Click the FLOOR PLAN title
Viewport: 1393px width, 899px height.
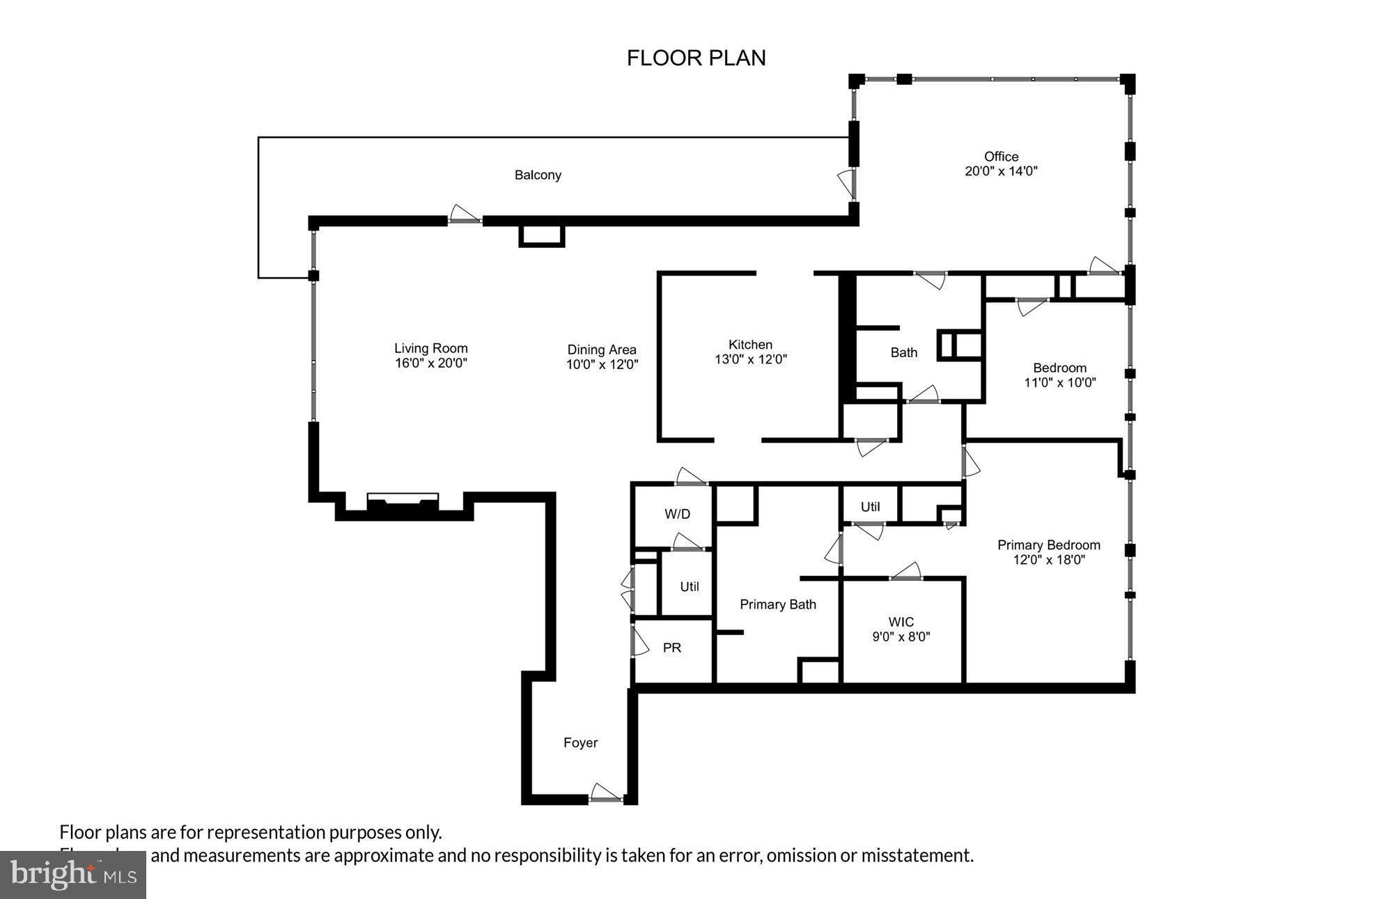[696, 58]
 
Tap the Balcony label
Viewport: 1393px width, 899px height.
[538, 175]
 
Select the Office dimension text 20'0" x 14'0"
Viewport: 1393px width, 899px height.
[1001, 171]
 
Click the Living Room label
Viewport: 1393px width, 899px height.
[430, 348]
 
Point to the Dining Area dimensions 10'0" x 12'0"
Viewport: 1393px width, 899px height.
[602, 364]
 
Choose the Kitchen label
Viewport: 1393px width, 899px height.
[750, 345]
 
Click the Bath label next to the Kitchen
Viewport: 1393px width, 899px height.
[903, 352]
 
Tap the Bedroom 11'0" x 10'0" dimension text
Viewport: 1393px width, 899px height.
[1059, 382]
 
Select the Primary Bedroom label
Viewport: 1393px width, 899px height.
[1048, 545]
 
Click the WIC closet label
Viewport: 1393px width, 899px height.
[901, 622]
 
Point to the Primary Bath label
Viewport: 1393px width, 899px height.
[777, 604]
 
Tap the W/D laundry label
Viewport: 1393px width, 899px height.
[677, 514]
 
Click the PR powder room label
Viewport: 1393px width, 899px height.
[671, 648]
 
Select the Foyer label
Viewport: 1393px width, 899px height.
[580, 742]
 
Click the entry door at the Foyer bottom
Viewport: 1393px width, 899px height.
[605, 795]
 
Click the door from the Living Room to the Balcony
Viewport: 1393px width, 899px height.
[465, 215]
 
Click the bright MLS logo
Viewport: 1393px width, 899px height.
[72, 874]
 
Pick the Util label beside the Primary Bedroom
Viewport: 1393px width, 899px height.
[870, 507]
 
